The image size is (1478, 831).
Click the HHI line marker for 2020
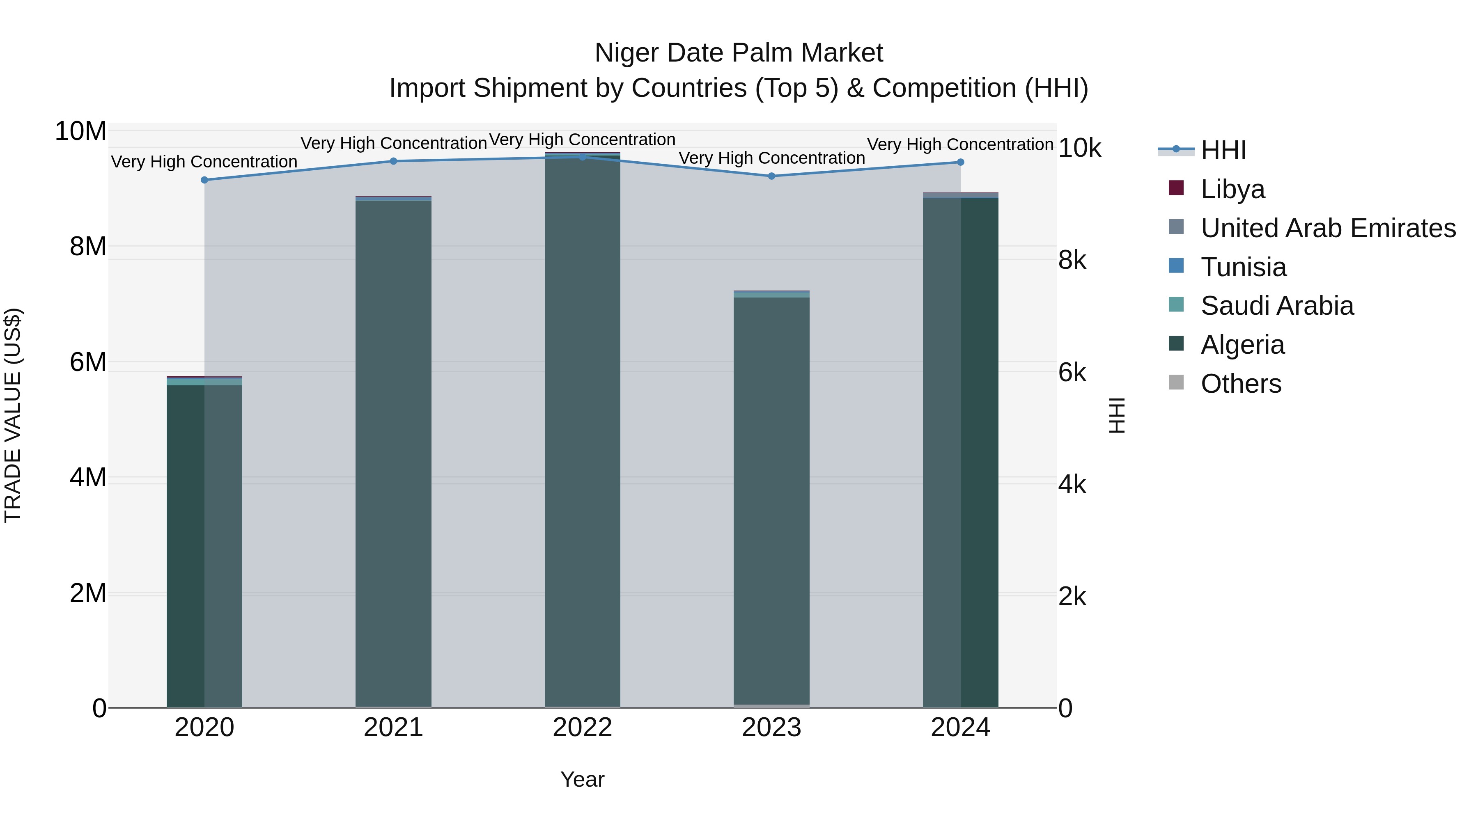point(204,180)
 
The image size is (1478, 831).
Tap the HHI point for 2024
point(960,162)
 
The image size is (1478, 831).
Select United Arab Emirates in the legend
point(1328,228)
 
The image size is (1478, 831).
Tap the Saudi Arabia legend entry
point(1276,306)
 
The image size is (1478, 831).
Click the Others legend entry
point(1240,384)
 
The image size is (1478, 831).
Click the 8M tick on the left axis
point(88,247)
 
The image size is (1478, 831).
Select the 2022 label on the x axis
point(582,728)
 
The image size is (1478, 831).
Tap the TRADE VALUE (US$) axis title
point(13,415)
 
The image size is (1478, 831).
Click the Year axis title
point(582,779)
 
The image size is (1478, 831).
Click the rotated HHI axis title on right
point(1117,415)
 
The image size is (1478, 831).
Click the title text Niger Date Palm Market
point(739,53)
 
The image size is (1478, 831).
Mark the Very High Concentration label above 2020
point(204,162)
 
